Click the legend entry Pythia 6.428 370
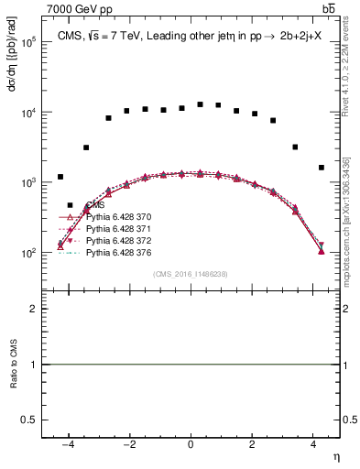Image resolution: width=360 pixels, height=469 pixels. [115, 217]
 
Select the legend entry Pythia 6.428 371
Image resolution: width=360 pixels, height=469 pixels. [115, 228]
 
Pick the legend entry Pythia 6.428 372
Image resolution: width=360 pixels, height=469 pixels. [115, 239]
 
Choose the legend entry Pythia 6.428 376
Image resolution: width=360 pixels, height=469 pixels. [115, 250]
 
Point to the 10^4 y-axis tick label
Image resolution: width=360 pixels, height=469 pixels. [28, 113]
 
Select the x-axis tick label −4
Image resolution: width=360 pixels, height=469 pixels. [68, 442]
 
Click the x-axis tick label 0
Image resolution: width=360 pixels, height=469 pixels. [191, 442]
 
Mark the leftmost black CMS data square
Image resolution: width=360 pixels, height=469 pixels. [60, 177]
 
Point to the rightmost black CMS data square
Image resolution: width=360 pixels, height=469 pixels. [322, 168]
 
